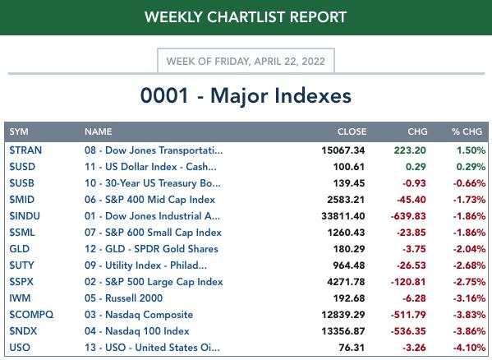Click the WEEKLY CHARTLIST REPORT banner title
click(246, 17)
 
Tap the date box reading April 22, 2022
click(246, 61)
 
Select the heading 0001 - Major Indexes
click(246, 95)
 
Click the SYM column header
click(19, 132)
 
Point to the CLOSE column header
click(352, 132)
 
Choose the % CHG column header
click(467, 132)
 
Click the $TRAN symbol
click(25, 150)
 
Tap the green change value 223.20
click(410, 150)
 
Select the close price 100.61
click(349, 167)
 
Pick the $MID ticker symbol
click(21, 200)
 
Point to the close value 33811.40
click(343, 216)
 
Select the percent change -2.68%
click(469, 265)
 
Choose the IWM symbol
click(20, 298)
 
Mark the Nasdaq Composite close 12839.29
click(343, 315)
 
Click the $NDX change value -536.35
click(408, 331)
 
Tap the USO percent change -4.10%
click(469, 348)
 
